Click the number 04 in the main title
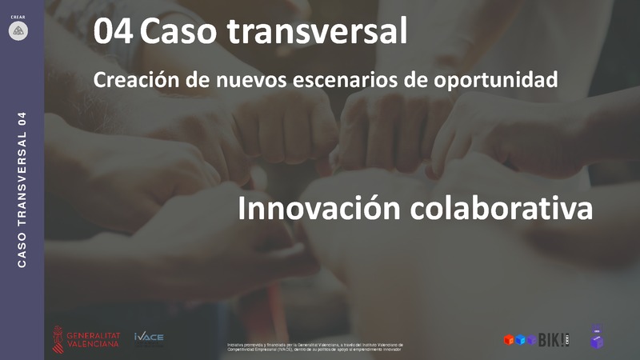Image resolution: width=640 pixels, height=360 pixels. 113,33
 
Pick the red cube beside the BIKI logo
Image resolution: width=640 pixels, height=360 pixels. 509,340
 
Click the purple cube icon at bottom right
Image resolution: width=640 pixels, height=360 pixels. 597,338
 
